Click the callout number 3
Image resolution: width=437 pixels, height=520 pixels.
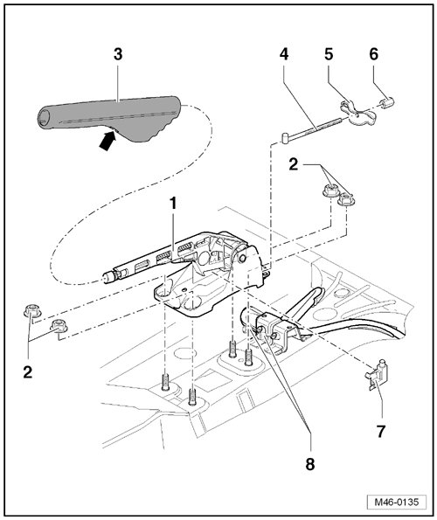[118, 54]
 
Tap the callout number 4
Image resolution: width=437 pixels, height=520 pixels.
[284, 54]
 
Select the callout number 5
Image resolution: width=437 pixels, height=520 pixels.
[329, 54]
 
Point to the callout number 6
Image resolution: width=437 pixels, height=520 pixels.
[374, 54]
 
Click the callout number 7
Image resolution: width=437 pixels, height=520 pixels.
[381, 432]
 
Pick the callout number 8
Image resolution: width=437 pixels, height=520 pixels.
[310, 464]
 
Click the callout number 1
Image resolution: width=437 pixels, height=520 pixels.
[173, 204]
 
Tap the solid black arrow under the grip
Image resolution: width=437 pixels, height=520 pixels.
[108, 141]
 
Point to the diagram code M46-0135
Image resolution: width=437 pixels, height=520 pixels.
[397, 502]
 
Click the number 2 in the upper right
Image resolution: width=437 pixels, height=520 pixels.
[294, 165]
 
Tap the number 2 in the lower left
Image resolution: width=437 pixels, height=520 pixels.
[28, 372]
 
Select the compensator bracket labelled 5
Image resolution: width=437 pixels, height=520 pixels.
[357, 114]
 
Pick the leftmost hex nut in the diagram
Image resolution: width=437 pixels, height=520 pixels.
[31, 310]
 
